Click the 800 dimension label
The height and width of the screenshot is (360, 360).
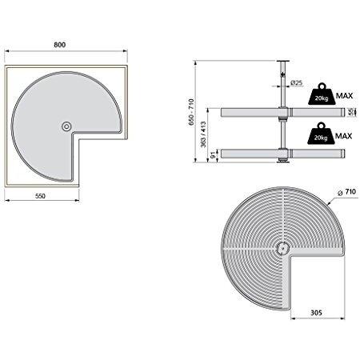tap(60, 45)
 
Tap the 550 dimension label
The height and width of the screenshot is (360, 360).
tap(40, 196)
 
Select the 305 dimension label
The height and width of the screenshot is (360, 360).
tap(316, 313)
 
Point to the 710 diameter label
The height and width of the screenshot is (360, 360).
tap(347, 192)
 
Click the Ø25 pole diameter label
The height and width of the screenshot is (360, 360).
tap(297, 83)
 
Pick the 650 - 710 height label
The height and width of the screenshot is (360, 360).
tap(191, 112)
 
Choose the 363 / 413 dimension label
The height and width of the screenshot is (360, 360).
tap(203, 134)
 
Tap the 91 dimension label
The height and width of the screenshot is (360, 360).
tap(213, 155)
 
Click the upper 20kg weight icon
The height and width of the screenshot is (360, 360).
tap(322, 94)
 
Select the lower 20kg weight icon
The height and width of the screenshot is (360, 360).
tap(321, 134)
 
